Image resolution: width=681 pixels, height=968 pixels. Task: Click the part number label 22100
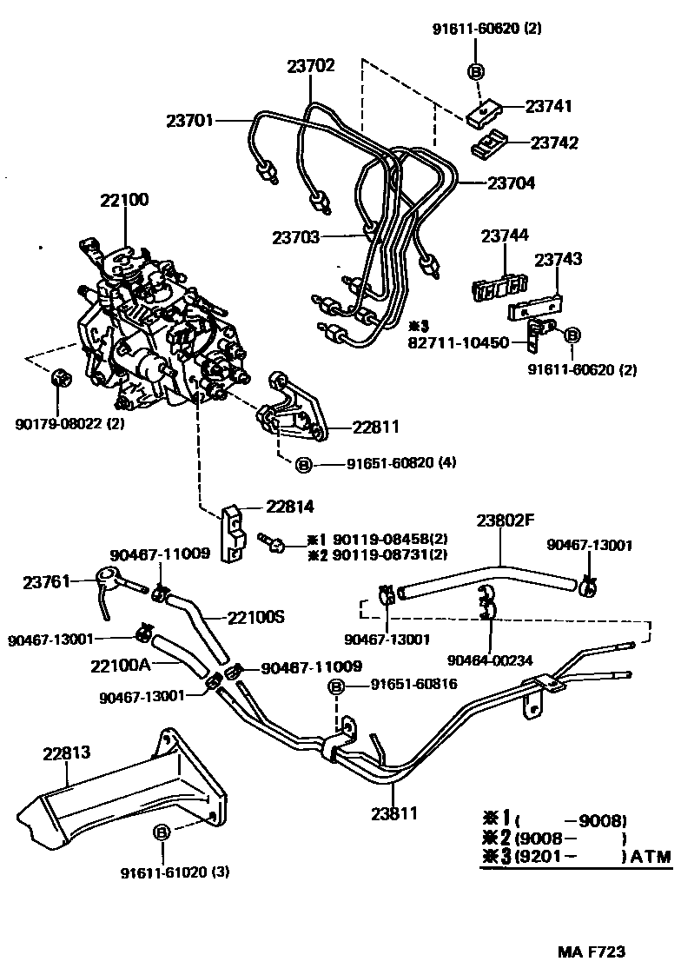pyautogui.click(x=124, y=200)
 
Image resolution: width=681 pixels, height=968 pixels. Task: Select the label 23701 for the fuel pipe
pyautogui.click(x=190, y=122)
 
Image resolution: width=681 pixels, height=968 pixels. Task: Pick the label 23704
pyautogui.click(x=511, y=183)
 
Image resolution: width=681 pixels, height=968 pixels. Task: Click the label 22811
pyautogui.click(x=376, y=427)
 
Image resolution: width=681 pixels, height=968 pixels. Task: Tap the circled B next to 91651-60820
pyautogui.click(x=304, y=466)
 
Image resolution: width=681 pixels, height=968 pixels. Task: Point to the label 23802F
pyautogui.click(x=505, y=521)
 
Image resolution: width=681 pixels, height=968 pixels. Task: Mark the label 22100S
pyautogui.click(x=256, y=617)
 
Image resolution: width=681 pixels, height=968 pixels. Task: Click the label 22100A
pyautogui.click(x=121, y=666)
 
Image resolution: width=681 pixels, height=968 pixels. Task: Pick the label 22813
pyautogui.click(x=67, y=752)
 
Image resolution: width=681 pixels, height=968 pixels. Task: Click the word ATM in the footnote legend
pyautogui.click(x=651, y=857)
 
